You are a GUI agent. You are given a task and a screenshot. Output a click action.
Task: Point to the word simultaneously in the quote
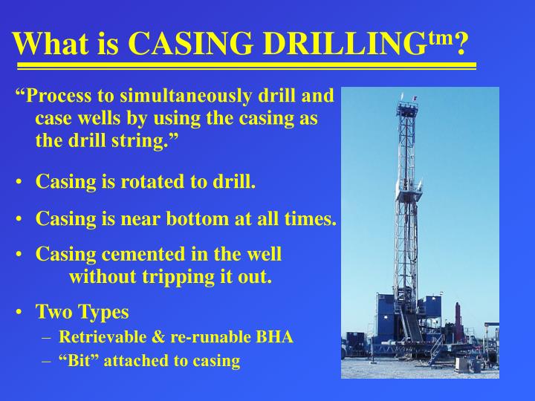pos(163,97)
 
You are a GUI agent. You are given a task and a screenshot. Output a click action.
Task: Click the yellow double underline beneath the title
pos(245,67)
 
